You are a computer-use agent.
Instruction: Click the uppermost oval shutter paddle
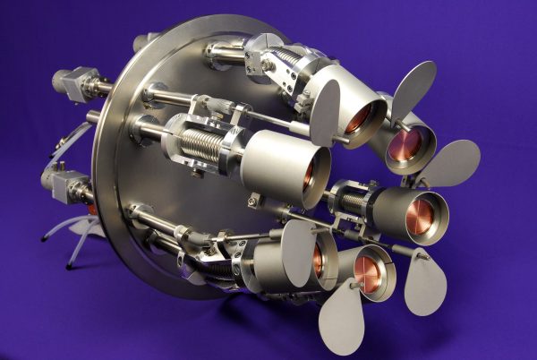[413, 84]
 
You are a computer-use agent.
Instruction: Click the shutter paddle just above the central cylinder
[324, 113]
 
